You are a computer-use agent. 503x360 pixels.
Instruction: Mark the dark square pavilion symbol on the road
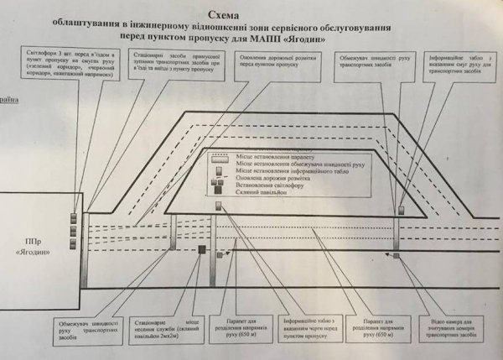(x=202, y=249)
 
